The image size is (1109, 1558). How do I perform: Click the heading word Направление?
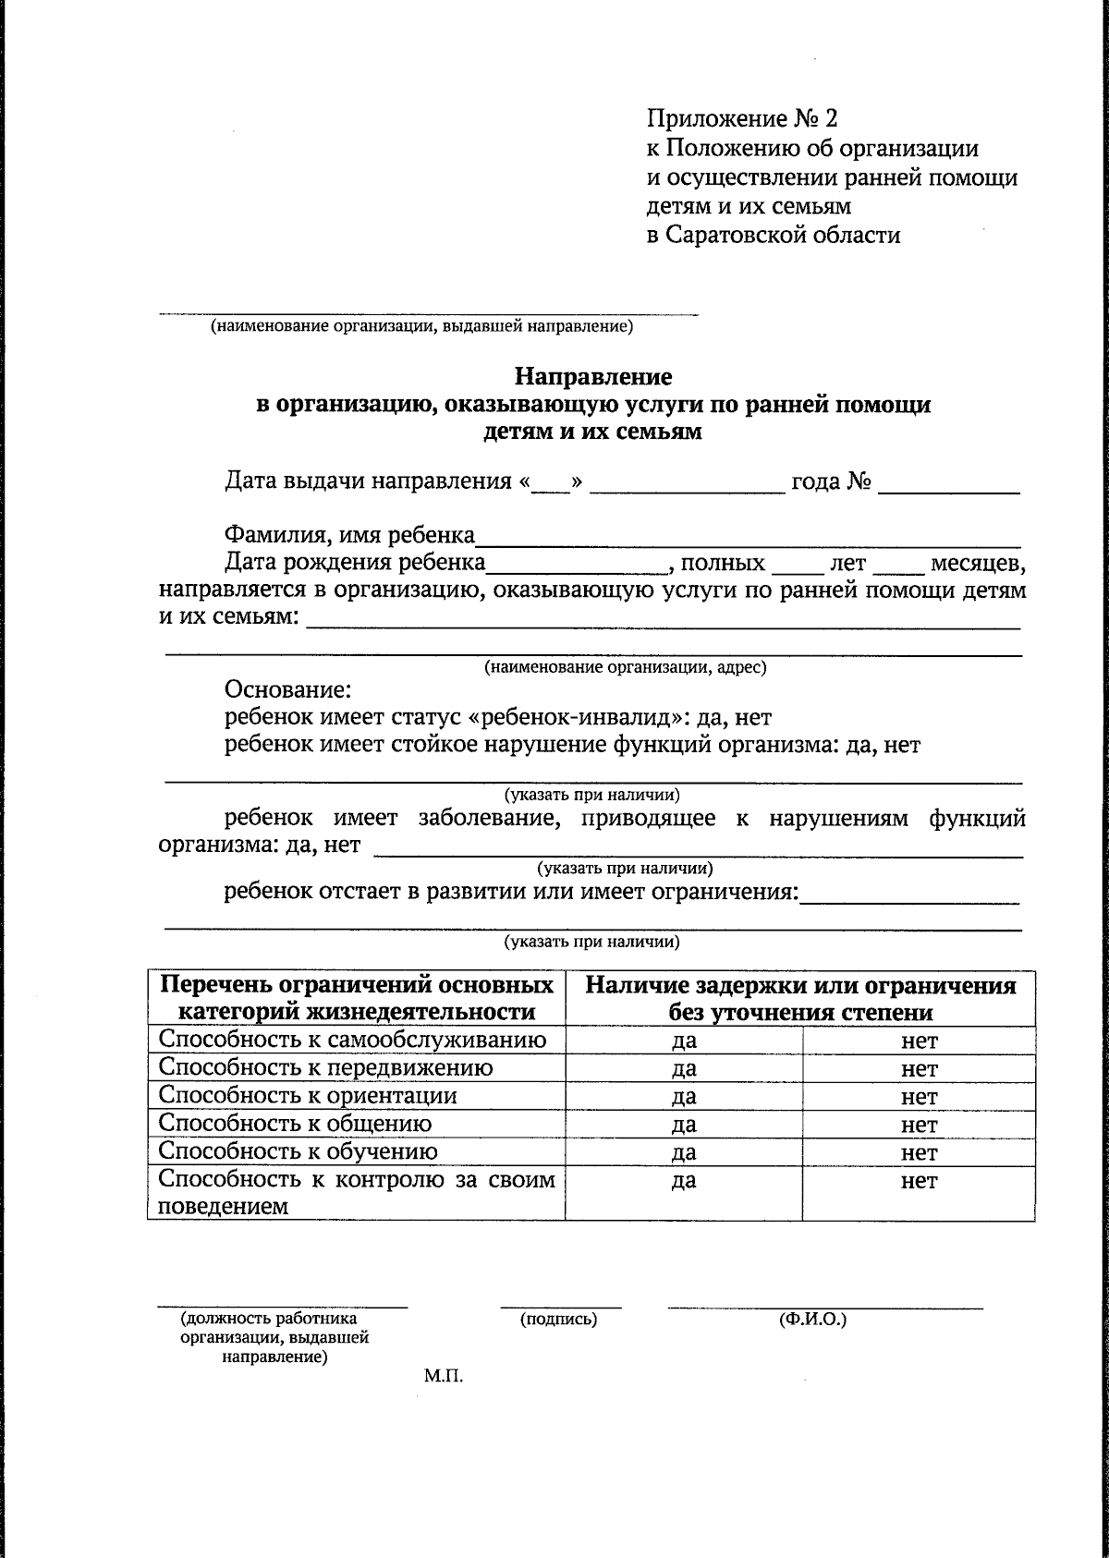tap(593, 377)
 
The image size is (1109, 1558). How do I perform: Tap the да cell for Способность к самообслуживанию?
tap(684, 1041)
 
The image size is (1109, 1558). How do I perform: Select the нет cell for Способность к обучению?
tap(919, 1152)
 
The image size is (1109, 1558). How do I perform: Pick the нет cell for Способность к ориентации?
tap(919, 1097)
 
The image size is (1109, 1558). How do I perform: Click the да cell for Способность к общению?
tap(684, 1125)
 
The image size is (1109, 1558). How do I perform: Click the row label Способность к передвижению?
tap(325, 1068)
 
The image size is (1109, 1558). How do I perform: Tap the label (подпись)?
tap(559, 1320)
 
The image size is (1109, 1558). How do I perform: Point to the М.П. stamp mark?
tap(443, 1376)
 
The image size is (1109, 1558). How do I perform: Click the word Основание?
tap(287, 690)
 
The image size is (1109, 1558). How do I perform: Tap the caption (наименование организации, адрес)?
tap(626, 667)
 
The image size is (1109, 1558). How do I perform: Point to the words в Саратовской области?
tap(773, 235)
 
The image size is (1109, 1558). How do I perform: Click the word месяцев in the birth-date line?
tap(976, 563)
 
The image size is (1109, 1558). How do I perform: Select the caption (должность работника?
tap(269, 1320)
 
